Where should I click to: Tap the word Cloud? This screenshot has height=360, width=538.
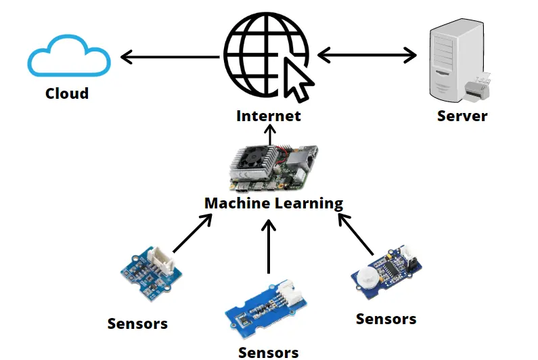pos(67,93)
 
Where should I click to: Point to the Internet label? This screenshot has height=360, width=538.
pos(269,116)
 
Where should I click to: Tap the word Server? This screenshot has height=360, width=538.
pos(462,116)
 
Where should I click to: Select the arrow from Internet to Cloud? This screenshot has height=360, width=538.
pos(169,56)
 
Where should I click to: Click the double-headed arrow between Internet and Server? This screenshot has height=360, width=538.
pos(367,55)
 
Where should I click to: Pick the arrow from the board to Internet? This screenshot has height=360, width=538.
pos(269,134)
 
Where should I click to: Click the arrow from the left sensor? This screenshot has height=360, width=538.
pos(190,233)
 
